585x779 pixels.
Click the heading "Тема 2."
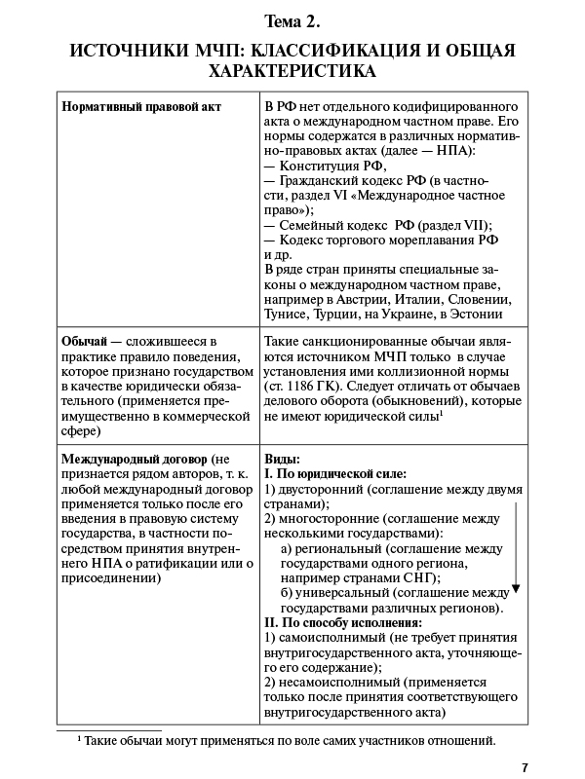tap(292, 20)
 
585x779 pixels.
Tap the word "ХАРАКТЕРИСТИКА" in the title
tap(292, 72)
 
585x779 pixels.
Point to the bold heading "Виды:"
tap(283, 459)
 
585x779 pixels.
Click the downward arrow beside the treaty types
tap(516, 545)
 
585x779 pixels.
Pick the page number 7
tap(525, 765)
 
